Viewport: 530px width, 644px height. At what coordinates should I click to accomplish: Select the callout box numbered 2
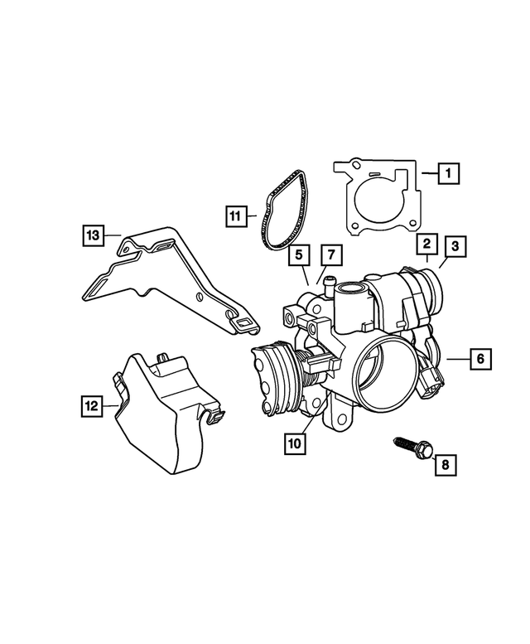tap(426, 244)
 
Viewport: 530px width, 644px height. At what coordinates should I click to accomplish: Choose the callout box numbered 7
tap(330, 253)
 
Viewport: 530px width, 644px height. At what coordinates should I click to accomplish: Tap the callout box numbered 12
tap(92, 405)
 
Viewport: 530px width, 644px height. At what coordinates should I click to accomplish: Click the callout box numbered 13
tap(94, 235)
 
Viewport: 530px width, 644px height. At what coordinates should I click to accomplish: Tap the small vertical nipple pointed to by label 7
tap(328, 287)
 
